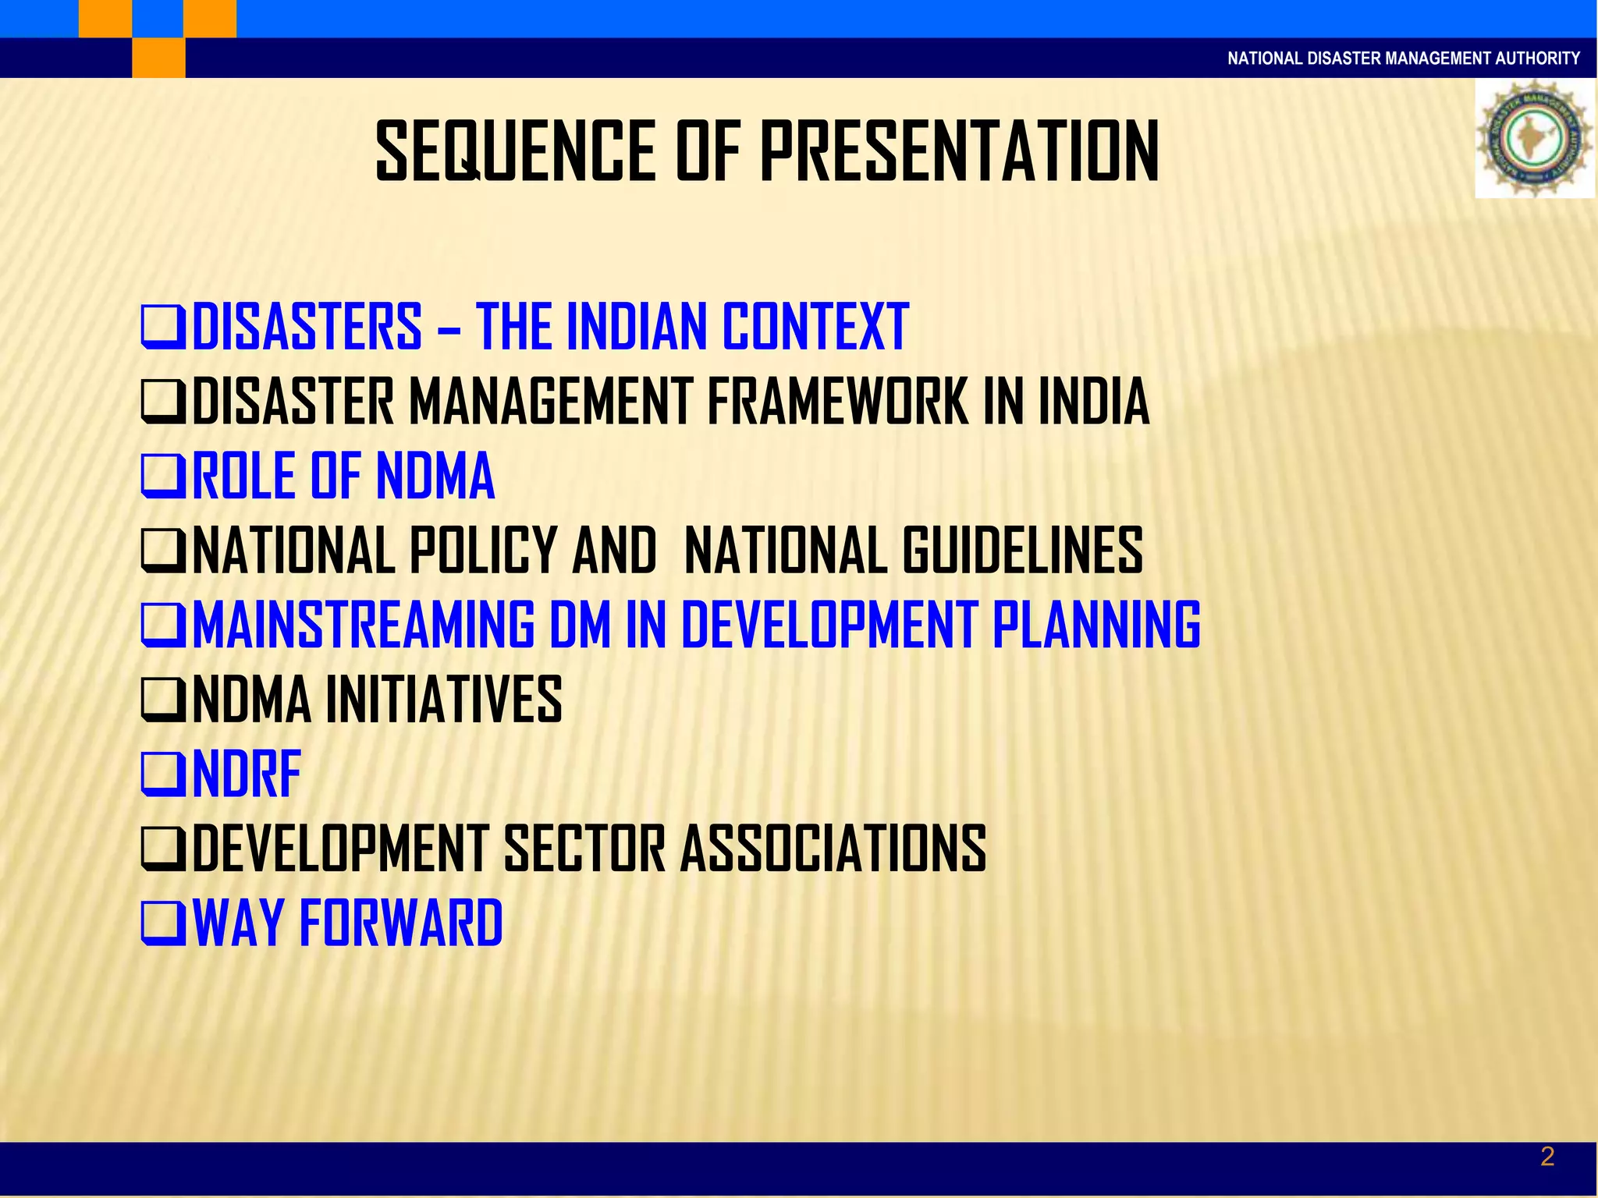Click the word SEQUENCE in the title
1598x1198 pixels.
(516, 152)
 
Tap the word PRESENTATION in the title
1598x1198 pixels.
(959, 152)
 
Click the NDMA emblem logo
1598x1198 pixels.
(1534, 138)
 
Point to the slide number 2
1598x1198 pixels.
(1547, 1157)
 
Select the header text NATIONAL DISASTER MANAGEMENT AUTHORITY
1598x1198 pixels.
(1403, 58)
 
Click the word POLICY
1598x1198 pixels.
(482, 551)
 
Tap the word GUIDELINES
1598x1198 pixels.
(1023, 551)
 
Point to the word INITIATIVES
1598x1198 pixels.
(443, 699)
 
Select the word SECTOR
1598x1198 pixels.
(585, 848)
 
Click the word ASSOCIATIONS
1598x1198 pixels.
(833, 848)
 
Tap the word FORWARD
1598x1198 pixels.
(401, 923)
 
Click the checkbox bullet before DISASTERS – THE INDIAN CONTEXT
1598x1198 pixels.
(163, 326)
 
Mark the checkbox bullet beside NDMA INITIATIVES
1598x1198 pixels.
(163, 699)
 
